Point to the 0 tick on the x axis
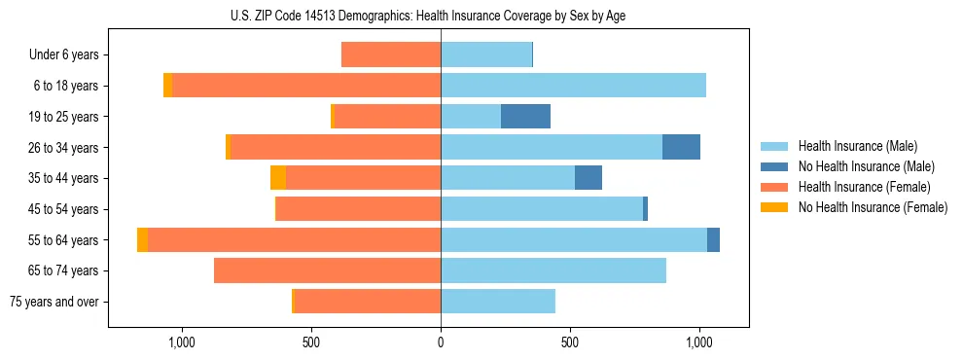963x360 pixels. pyautogui.click(x=441, y=342)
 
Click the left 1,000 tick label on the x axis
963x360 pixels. pyautogui.click(x=182, y=342)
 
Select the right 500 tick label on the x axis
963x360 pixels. pyautogui.click(x=570, y=342)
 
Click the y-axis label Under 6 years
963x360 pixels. pyautogui.click(x=63, y=54)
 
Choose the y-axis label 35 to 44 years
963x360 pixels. pyautogui.click(x=63, y=178)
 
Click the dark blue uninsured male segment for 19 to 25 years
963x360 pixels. pyautogui.click(x=525, y=117)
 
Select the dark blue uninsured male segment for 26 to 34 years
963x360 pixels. pyautogui.click(x=681, y=147)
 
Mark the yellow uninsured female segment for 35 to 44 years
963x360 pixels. pyautogui.click(x=278, y=178)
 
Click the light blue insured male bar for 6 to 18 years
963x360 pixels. pyautogui.click(x=573, y=86)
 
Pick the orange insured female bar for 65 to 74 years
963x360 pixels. pyautogui.click(x=327, y=270)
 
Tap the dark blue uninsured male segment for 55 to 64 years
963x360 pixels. pyautogui.click(x=713, y=239)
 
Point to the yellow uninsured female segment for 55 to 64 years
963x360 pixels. pyautogui.click(x=143, y=239)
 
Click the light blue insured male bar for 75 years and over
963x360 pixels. pyautogui.click(x=498, y=302)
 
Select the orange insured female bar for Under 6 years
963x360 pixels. pyautogui.click(x=391, y=54)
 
